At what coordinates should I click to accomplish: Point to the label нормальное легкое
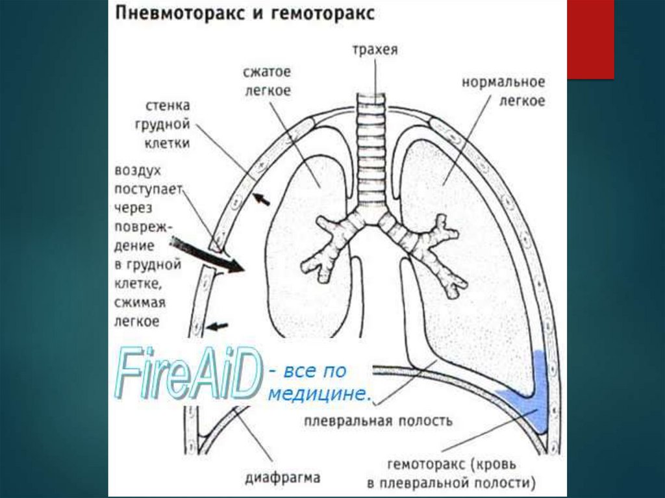coord(503,92)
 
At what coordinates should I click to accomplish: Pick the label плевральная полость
coord(378,420)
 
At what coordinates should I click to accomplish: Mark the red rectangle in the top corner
coord(590,39)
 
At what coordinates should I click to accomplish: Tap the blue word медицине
coord(322,393)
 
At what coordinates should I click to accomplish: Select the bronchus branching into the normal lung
coord(425,247)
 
